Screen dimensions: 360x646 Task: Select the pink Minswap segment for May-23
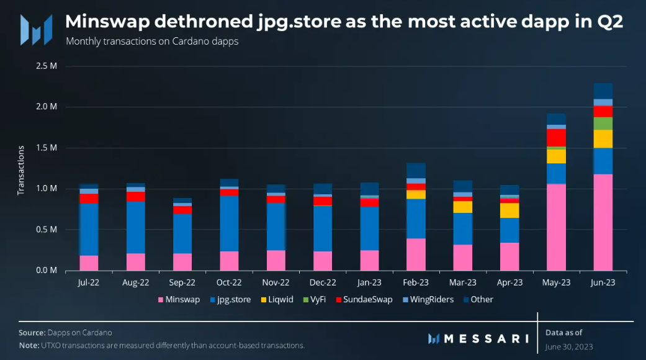pos(556,227)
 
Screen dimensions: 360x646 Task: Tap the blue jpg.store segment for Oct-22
pos(229,223)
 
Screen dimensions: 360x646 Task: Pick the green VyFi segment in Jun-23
pos(603,123)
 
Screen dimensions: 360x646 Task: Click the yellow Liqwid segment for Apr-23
pos(509,210)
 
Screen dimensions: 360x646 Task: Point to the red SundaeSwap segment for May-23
pos(556,137)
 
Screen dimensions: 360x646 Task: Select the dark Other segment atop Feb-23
pos(416,171)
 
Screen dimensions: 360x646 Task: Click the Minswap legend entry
pos(179,300)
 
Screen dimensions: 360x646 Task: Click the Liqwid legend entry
pos(277,300)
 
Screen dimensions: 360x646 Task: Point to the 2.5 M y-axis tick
pos(48,66)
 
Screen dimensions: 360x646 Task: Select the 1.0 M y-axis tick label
pos(48,189)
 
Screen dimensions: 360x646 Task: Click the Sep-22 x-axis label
pos(182,282)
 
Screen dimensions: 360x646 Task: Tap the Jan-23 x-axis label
pos(369,282)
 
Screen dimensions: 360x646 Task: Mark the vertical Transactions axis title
pos(20,169)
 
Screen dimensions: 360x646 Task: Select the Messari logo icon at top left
pos(32,29)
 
